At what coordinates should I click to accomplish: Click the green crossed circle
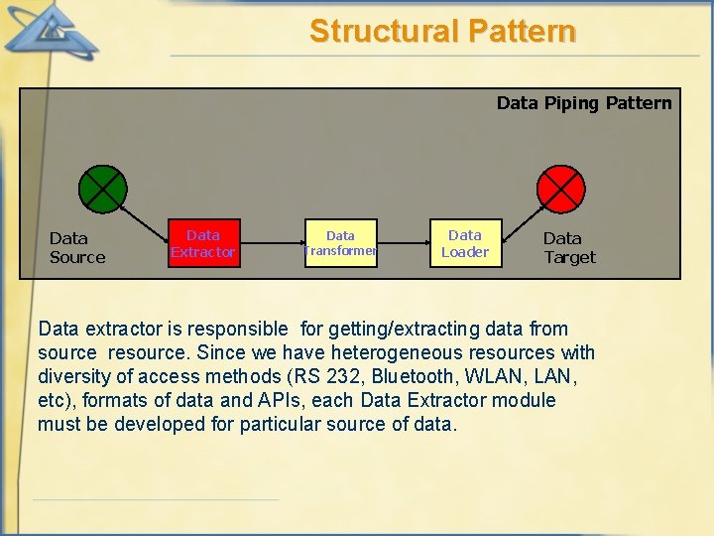click(x=103, y=190)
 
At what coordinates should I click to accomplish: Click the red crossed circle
click(x=561, y=190)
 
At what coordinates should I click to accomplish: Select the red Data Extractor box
click(x=203, y=243)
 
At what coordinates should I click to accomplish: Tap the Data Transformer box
click(x=340, y=243)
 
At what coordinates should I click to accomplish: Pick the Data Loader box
click(x=465, y=243)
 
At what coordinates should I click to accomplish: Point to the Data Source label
click(x=76, y=247)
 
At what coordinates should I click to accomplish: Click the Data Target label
click(x=569, y=247)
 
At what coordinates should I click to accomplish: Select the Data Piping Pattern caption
click(x=583, y=103)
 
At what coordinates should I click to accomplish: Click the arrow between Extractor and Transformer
click(x=271, y=243)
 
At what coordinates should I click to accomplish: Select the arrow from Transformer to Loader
click(x=403, y=243)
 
